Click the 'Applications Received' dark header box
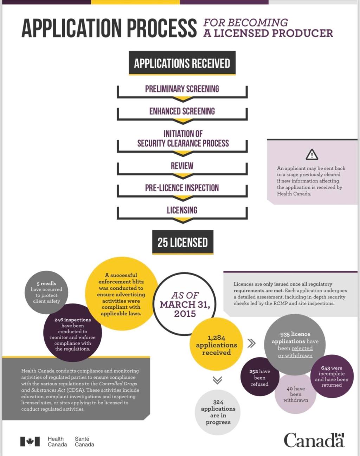pyautogui.click(x=182, y=63)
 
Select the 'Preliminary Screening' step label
pyautogui.click(x=182, y=89)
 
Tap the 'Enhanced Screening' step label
pyautogui.click(x=182, y=111)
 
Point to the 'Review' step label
pyautogui.click(x=182, y=166)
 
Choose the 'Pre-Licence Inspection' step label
pyautogui.click(x=182, y=188)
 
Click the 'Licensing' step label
pyautogui.click(x=182, y=210)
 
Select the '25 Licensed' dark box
pyautogui.click(x=182, y=242)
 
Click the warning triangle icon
pyautogui.click(x=312, y=154)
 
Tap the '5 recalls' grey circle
pyautogui.click(x=46, y=292)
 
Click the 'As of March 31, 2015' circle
pyautogui.click(x=185, y=304)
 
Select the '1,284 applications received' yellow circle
pyautogui.click(x=216, y=345)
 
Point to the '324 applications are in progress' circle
pyautogui.click(x=218, y=412)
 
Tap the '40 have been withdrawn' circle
pyautogui.click(x=296, y=394)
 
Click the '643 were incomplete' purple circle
pyautogui.click(x=332, y=376)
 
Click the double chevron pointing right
pyautogui.click(x=251, y=343)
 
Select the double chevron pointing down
pyautogui.click(x=217, y=380)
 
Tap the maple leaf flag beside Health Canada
pyautogui.click(x=30, y=442)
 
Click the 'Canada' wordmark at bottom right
pyautogui.click(x=314, y=440)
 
